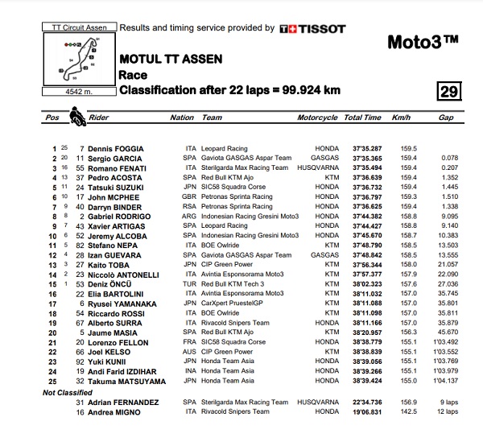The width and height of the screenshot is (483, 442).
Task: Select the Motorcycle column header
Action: (316, 118)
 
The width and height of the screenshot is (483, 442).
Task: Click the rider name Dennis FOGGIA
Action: (115, 149)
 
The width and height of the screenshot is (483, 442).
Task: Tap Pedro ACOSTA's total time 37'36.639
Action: (362, 177)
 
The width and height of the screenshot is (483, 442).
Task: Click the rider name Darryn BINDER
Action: (115, 205)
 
